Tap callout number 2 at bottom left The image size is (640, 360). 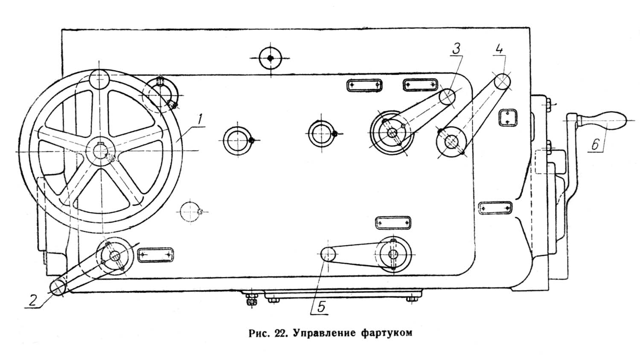(32, 300)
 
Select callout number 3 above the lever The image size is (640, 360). (456, 49)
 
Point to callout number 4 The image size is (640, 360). (499, 49)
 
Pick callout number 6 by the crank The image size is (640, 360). (596, 144)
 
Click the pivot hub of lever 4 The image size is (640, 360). (451, 142)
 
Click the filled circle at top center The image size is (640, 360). (271, 58)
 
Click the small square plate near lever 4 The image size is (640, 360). (508, 117)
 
